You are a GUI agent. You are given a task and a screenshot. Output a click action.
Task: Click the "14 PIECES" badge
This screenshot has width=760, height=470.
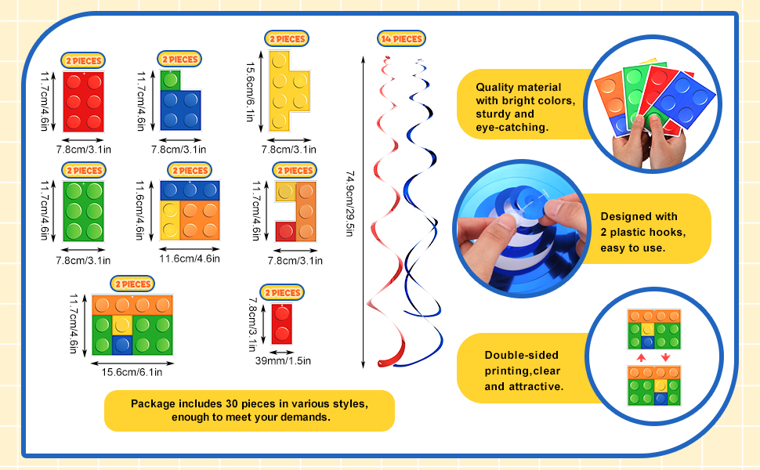point(400,39)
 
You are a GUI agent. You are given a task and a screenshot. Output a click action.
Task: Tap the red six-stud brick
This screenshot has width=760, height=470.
point(83,101)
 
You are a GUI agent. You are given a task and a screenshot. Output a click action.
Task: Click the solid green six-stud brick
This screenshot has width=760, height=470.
point(83,211)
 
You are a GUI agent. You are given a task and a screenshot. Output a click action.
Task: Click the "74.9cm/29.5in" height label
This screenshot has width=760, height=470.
point(349,204)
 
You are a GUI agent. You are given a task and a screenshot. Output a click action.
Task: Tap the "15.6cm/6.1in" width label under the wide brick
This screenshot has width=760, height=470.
point(132,371)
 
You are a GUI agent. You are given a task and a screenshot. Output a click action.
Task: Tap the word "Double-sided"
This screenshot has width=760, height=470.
point(511,356)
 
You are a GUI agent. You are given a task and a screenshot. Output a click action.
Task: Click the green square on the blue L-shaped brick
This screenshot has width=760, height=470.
point(171,80)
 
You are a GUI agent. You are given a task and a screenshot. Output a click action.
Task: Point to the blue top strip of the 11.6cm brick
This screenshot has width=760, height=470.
point(190,190)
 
